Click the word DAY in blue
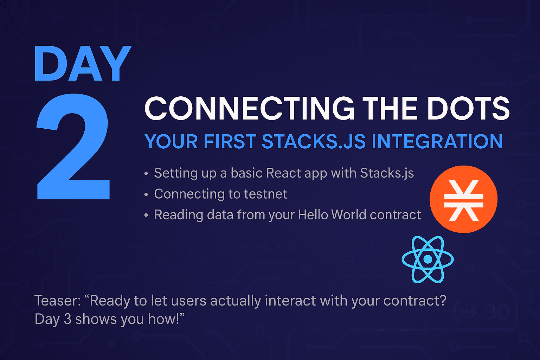(83, 63)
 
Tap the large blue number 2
(73, 146)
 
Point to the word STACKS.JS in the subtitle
(314, 141)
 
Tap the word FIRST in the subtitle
(230, 141)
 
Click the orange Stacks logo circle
(463, 199)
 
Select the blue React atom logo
(427, 259)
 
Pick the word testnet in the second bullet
(265, 194)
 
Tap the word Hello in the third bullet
(313, 214)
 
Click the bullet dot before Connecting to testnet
(146, 194)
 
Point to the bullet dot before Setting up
(146, 174)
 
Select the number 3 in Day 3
(67, 319)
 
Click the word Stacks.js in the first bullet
(387, 173)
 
